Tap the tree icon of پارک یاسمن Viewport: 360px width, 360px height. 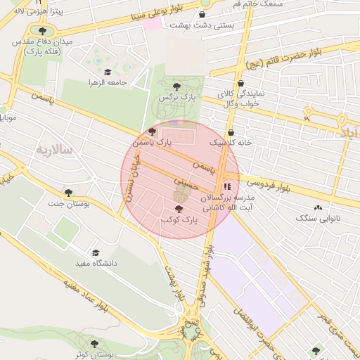[153, 131]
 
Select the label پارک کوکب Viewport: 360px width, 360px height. [179, 220]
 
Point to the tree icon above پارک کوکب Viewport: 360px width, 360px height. [179, 209]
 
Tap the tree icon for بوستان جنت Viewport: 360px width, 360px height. [68, 192]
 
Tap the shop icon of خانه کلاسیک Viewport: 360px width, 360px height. [231, 132]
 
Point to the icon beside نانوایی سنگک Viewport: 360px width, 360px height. [318, 207]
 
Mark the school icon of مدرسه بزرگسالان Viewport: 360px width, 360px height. [226, 186]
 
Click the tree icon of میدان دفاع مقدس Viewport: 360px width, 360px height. [43, 31]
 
